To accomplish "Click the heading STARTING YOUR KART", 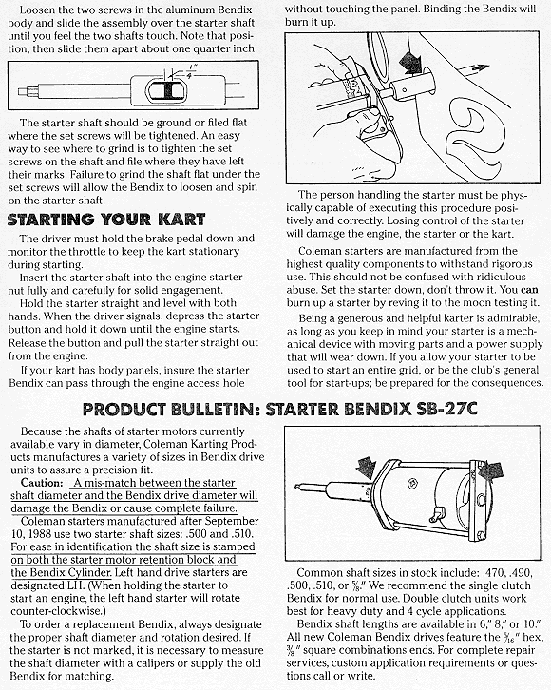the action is [106, 220].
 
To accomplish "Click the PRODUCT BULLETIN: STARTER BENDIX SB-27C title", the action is [279, 410].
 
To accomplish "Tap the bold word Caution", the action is [42, 482].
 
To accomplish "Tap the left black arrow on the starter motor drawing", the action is [367, 467].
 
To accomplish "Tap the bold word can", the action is [529, 290].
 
